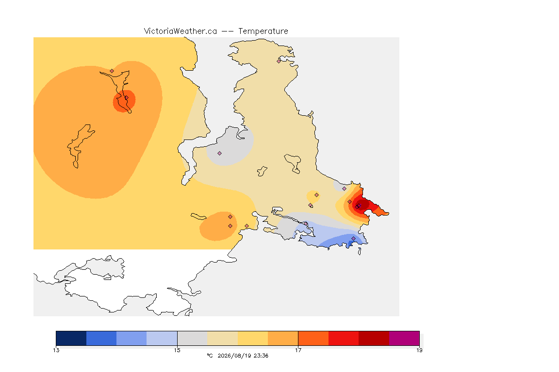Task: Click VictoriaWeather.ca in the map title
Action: click(x=181, y=31)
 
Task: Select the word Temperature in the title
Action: click(x=263, y=31)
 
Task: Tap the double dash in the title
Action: click(x=228, y=31)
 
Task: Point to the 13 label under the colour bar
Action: click(x=56, y=350)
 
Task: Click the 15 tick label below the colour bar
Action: click(x=177, y=350)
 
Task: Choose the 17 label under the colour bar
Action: click(x=298, y=350)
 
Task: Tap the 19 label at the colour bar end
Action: click(x=419, y=350)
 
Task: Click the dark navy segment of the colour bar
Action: click(x=71, y=338)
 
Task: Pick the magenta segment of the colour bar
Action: click(x=404, y=338)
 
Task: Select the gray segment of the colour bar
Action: click(x=192, y=338)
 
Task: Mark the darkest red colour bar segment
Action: click(x=374, y=338)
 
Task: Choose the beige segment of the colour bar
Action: click(x=222, y=338)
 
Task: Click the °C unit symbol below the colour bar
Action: click(x=210, y=356)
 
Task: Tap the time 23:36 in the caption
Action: click(x=261, y=356)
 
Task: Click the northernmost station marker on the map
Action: click(x=279, y=61)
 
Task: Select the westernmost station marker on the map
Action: click(x=112, y=71)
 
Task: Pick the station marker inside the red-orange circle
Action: click(x=126, y=98)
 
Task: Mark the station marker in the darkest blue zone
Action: click(x=353, y=238)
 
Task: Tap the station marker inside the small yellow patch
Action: click(x=316, y=195)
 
